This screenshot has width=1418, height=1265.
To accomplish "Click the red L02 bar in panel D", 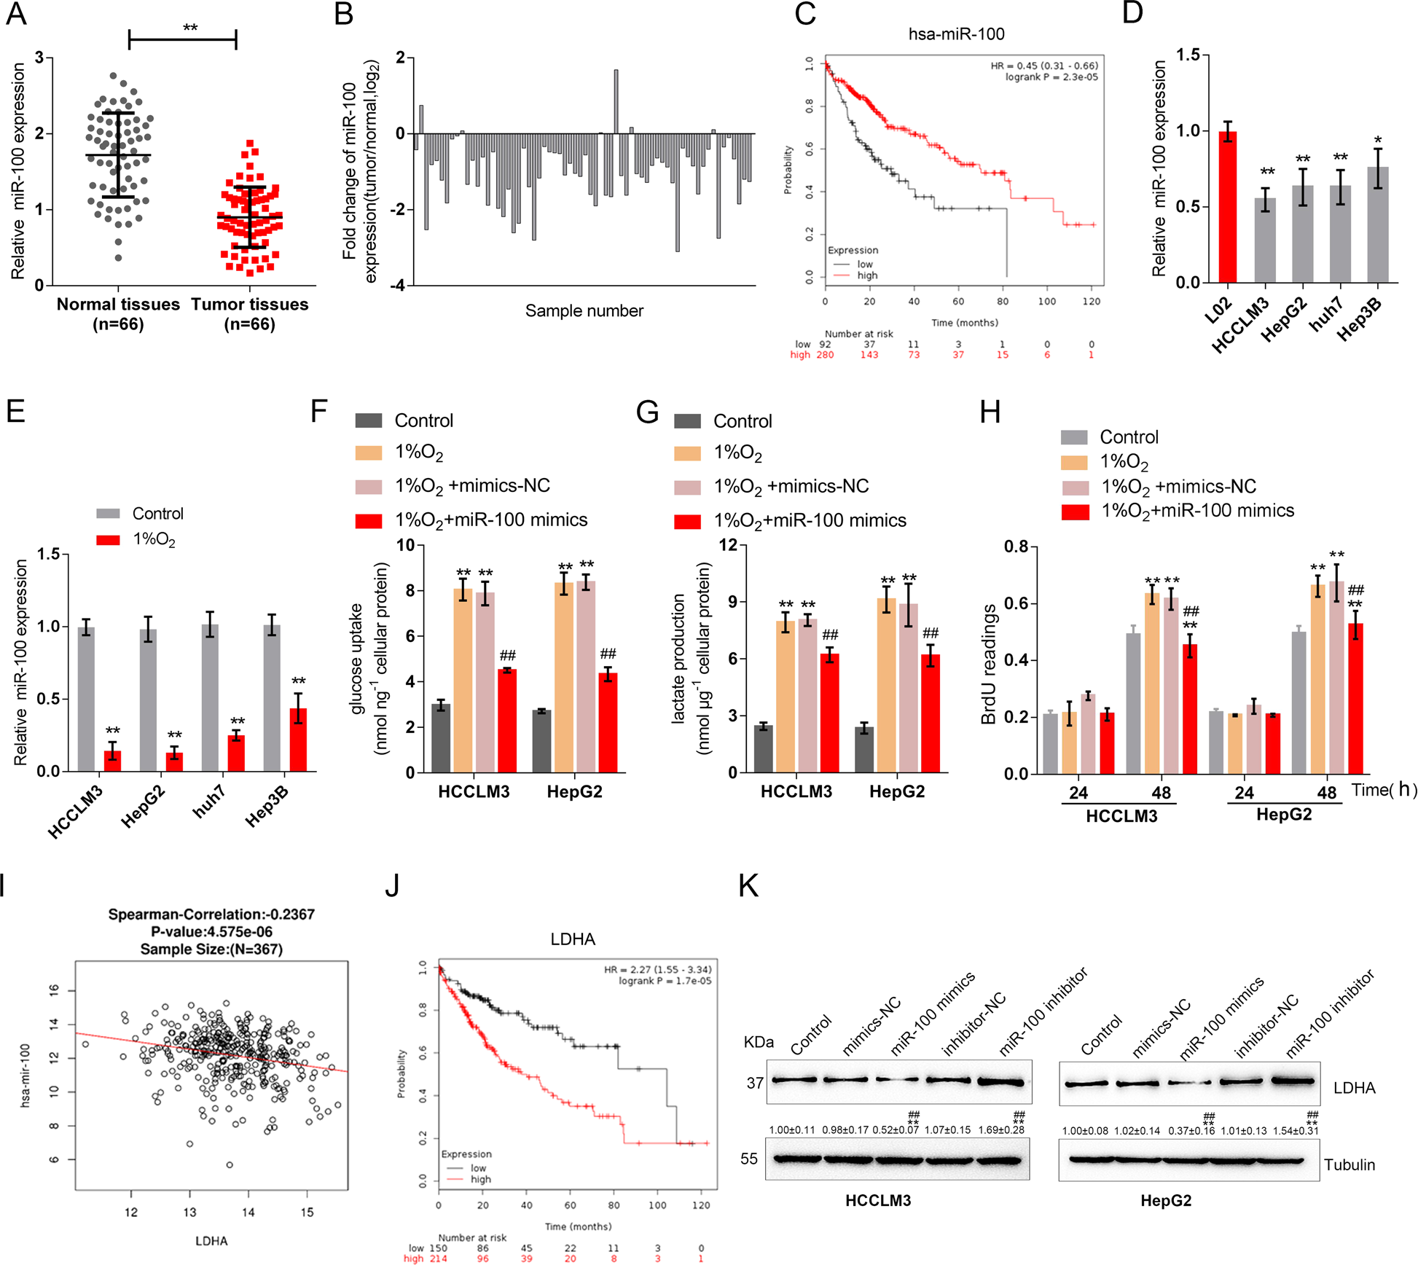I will click(x=1228, y=208).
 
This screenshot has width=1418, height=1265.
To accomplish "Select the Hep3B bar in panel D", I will click(x=1378, y=226).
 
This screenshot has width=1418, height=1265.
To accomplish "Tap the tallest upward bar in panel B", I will click(x=616, y=102).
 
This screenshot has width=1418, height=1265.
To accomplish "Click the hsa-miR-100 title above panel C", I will click(x=956, y=34).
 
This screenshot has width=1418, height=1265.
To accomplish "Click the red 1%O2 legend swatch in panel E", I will click(x=108, y=540).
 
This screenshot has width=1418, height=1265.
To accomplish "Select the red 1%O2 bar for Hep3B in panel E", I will click(x=298, y=740).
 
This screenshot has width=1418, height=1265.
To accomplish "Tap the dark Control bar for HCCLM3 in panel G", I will click(x=764, y=749).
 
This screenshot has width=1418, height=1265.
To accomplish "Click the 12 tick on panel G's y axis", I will click(x=728, y=545).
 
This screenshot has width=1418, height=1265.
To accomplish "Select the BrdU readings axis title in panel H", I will click(x=989, y=665).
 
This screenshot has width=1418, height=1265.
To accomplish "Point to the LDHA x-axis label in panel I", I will click(x=211, y=1241).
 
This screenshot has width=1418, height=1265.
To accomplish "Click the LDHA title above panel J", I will click(x=573, y=939).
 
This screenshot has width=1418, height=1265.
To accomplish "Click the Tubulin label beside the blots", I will click(x=1349, y=1164).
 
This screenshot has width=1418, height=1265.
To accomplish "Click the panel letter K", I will click(x=748, y=886).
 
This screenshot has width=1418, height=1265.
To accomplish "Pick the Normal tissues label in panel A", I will click(x=118, y=305).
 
